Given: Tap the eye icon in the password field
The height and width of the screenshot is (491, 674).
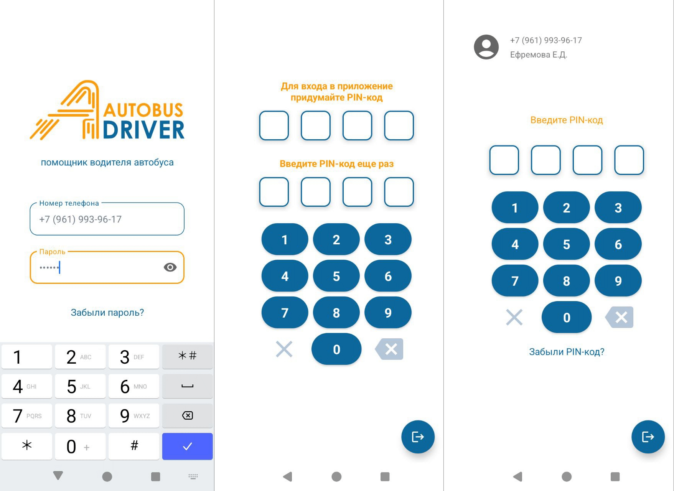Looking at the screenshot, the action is coord(170,267).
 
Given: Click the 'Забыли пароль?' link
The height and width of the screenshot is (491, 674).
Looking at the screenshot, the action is coord(107,313).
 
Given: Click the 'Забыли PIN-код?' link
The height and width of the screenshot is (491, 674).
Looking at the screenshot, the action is coord(567,352).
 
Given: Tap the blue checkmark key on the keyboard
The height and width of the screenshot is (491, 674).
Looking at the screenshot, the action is coord(187,446).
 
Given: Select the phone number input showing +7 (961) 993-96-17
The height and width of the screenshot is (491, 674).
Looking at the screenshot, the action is coord(107,219).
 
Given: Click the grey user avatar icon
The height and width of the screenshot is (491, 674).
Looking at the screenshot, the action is coord(486,47).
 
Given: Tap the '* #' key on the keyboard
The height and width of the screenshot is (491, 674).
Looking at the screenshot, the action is coord(187,356).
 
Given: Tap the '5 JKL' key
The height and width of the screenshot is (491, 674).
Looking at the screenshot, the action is coord(80,386).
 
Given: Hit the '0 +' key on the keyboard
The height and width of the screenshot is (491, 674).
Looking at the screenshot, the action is coord(80,446).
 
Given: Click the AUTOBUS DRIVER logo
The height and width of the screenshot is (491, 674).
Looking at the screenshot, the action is coord(107,110).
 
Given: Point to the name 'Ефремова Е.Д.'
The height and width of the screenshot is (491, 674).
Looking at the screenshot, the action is coord(538,55).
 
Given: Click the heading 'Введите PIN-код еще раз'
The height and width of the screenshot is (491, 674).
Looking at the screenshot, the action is coord(336,164).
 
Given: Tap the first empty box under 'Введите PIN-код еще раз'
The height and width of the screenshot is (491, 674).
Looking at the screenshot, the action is coord(274,192).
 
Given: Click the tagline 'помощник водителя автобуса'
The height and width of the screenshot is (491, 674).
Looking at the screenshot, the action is coord(107,162).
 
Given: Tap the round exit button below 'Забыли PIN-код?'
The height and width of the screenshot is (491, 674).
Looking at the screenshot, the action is coord(648,437).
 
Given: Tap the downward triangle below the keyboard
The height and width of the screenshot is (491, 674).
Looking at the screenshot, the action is coord(58,476).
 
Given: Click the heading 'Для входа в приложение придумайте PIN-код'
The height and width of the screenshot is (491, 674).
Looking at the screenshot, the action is coord(336,92).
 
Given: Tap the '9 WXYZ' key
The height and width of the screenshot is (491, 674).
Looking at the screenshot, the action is coord(134,415).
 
